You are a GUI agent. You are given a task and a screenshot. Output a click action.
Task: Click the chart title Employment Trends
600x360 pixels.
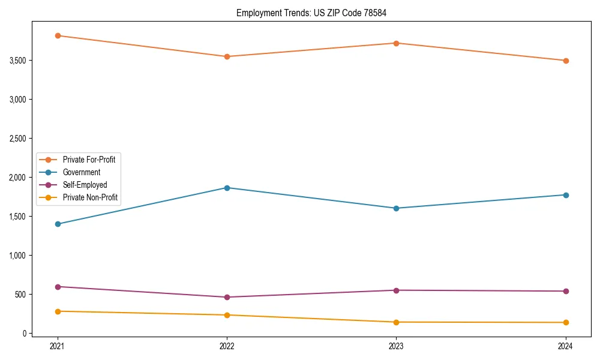point(307,13)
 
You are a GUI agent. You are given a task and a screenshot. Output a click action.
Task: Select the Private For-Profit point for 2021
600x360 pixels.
point(58,35)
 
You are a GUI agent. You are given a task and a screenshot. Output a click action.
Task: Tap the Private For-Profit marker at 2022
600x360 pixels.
point(227,56)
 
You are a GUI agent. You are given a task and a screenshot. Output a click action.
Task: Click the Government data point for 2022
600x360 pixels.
point(227,188)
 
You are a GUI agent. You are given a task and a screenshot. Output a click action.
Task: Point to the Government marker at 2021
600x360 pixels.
point(58,224)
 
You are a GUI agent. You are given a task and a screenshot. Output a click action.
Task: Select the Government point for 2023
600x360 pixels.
point(396,208)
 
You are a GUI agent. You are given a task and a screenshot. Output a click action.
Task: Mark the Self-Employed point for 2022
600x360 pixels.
point(227,297)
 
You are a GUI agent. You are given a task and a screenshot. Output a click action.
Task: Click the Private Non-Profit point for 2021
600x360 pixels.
point(58,311)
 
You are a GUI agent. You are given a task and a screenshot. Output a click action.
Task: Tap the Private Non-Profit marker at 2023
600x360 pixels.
point(396,322)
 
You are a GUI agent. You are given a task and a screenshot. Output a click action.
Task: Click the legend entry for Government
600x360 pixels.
point(82,172)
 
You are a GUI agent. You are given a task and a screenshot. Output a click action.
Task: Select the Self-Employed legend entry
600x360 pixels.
point(85,185)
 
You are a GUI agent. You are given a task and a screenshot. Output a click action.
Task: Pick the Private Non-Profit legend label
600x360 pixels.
point(90,197)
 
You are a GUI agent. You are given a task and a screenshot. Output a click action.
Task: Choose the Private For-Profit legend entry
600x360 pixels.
point(89,160)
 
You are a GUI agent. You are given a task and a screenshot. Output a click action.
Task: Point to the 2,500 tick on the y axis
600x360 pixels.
point(18,139)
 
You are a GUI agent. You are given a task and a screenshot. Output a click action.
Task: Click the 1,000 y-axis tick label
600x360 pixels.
point(18,256)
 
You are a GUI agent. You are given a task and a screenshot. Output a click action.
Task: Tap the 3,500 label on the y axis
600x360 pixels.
point(18,61)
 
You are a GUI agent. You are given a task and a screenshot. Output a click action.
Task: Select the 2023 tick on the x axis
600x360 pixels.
point(396,346)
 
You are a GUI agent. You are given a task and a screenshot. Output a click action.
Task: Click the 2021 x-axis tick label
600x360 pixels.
point(58,346)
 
